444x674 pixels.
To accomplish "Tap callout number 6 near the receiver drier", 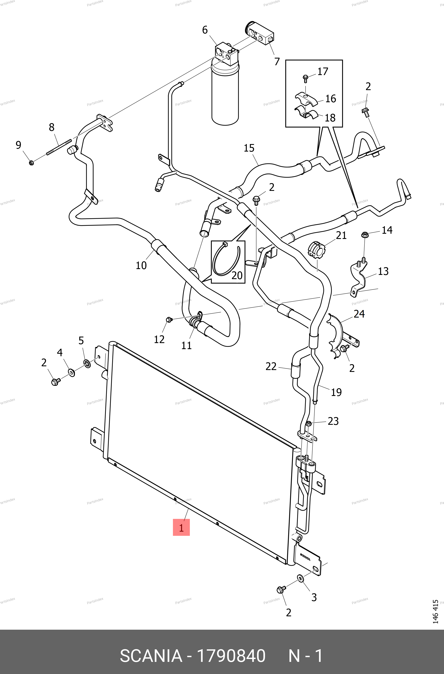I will point(205,30).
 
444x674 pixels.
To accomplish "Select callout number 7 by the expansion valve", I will point(277,61).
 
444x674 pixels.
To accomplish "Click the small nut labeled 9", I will point(32,163).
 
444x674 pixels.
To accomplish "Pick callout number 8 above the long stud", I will point(52,128).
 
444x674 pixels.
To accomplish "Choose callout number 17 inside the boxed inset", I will point(322,71).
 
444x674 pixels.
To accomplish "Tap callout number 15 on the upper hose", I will point(249,148).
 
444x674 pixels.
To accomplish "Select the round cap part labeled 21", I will point(316,250).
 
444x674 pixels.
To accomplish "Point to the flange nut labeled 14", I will point(365,235).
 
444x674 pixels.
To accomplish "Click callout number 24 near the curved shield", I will point(359,314).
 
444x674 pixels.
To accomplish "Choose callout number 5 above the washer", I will point(81,340).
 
